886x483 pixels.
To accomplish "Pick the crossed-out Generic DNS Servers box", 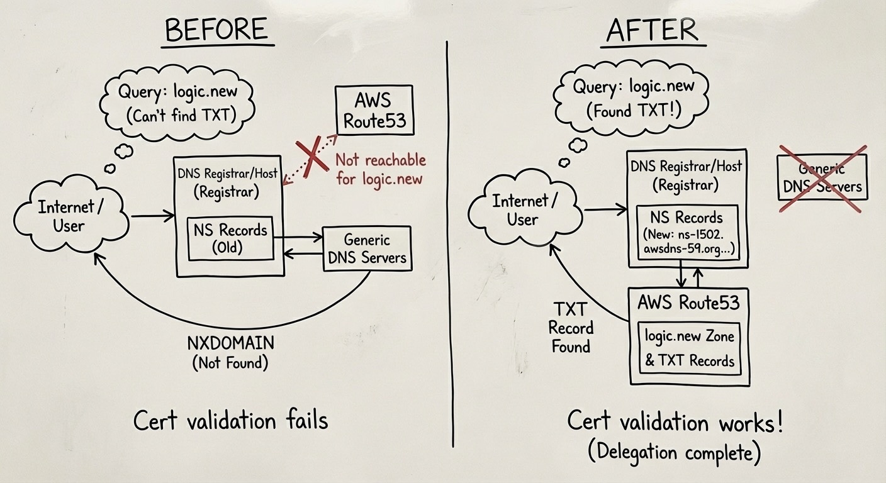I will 822,177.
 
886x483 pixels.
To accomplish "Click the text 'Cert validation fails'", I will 230,420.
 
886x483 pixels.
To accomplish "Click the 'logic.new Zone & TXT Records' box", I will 689,348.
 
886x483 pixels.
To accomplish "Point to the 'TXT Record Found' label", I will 570,328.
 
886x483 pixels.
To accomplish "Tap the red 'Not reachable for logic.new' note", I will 380,169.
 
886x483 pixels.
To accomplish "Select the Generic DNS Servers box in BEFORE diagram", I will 367,249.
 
